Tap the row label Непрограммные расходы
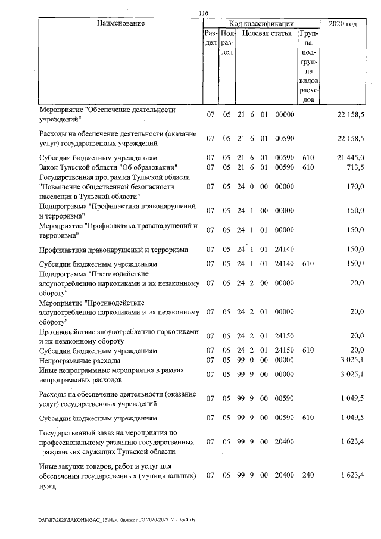pyautogui.click(x=80, y=360)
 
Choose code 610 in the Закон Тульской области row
pyautogui.click(x=308, y=167)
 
